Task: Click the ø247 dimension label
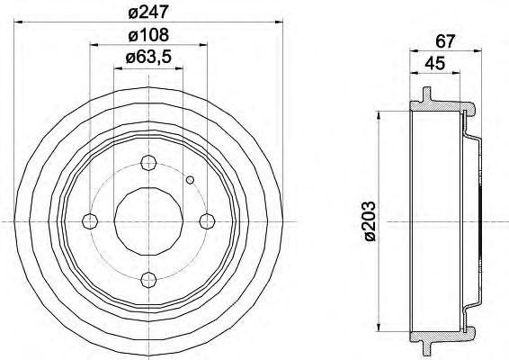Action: [x=148, y=13]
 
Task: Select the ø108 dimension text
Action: [x=148, y=35]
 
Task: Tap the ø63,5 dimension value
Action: [x=148, y=58]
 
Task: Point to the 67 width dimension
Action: [x=445, y=41]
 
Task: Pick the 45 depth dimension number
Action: [x=434, y=63]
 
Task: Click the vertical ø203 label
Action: [x=371, y=220]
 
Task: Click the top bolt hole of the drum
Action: [x=148, y=163]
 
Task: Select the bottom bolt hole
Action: [x=148, y=279]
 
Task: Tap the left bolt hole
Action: [x=90, y=221]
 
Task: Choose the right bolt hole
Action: [x=207, y=221]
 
